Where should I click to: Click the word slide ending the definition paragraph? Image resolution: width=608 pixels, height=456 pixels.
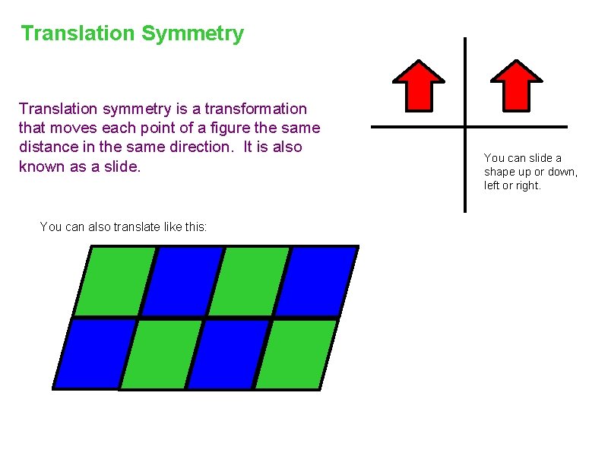pyautogui.click(x=121, y=166)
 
